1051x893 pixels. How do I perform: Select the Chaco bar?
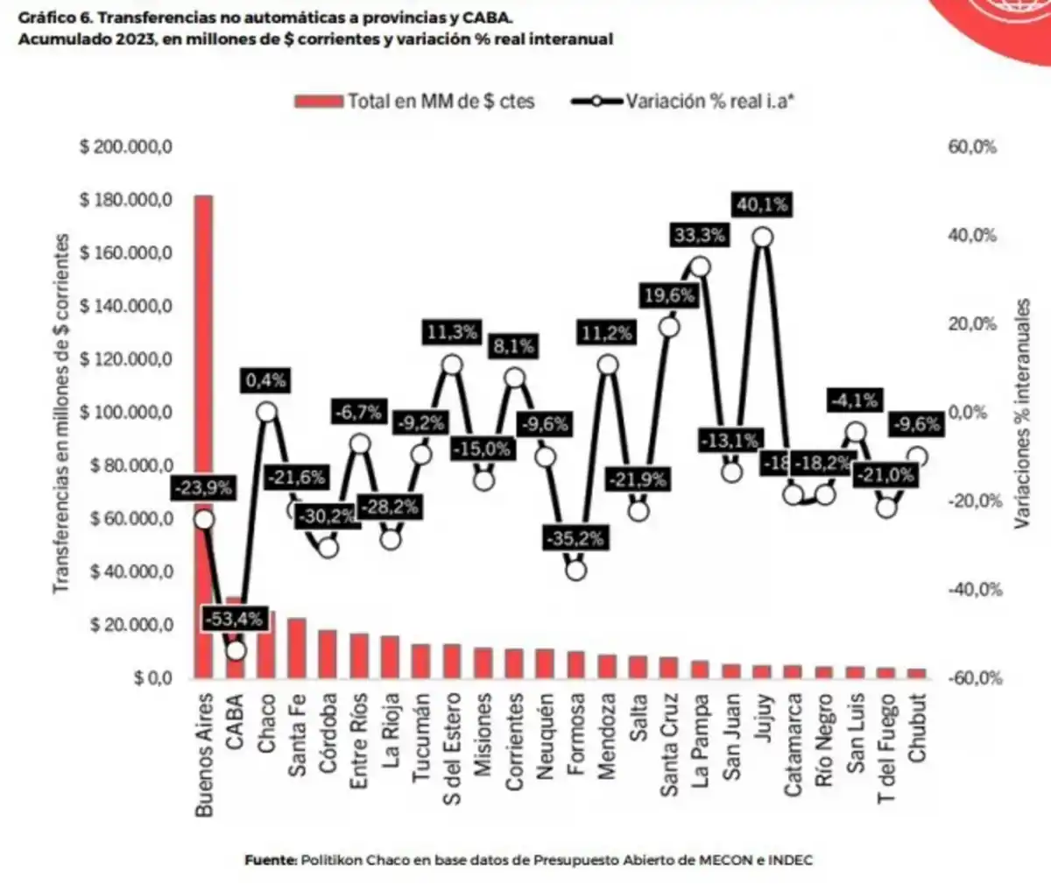(x=266, y=645)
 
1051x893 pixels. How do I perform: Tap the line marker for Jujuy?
(x=763, y=237)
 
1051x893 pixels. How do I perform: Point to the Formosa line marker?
(x=575, y=570)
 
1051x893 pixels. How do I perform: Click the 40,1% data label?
(x=762, y=205)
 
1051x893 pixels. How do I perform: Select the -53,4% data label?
(x=234, y=619)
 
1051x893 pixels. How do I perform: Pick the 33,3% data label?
(x=700, y=235)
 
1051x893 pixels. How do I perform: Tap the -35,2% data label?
(x=575, y=538)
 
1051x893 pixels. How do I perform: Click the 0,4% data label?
(x=265, y=380)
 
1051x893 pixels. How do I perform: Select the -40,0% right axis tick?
(x=975, y=590)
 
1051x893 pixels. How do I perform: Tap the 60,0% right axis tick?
(x=972, y=146)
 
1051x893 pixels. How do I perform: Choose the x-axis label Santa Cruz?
(x=669, y=745)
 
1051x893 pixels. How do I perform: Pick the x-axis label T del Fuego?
(x=886, y=748)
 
